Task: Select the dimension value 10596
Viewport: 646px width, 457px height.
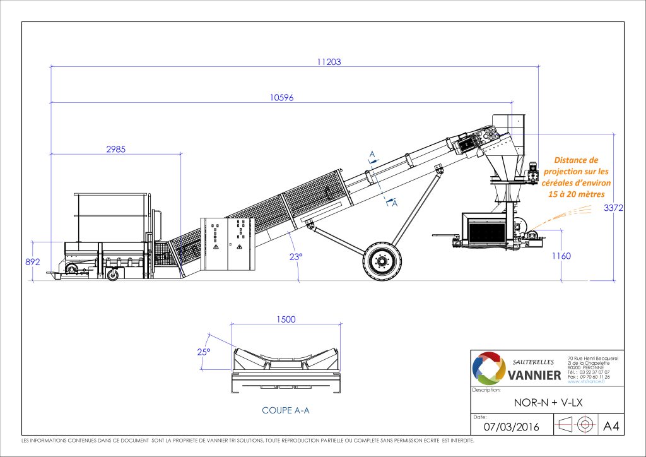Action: tap(282, 97)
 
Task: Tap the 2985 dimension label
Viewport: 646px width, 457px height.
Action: tap(115, 150)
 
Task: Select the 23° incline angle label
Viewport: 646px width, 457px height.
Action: tap(297, 256)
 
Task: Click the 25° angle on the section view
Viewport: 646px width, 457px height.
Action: tap(204, 352)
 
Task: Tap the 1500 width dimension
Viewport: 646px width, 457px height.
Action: tap(286, 319)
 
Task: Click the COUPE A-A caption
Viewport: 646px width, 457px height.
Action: tap(286, 410)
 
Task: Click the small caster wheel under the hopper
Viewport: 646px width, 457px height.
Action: tap(113, 274)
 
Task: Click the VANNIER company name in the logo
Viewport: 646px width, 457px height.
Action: tap(534, 376)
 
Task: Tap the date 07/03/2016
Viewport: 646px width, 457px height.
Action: tap(512, 427)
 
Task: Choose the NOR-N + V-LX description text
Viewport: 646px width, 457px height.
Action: tap(547, 401)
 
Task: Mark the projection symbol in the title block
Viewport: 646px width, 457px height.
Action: tap(575, 424)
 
